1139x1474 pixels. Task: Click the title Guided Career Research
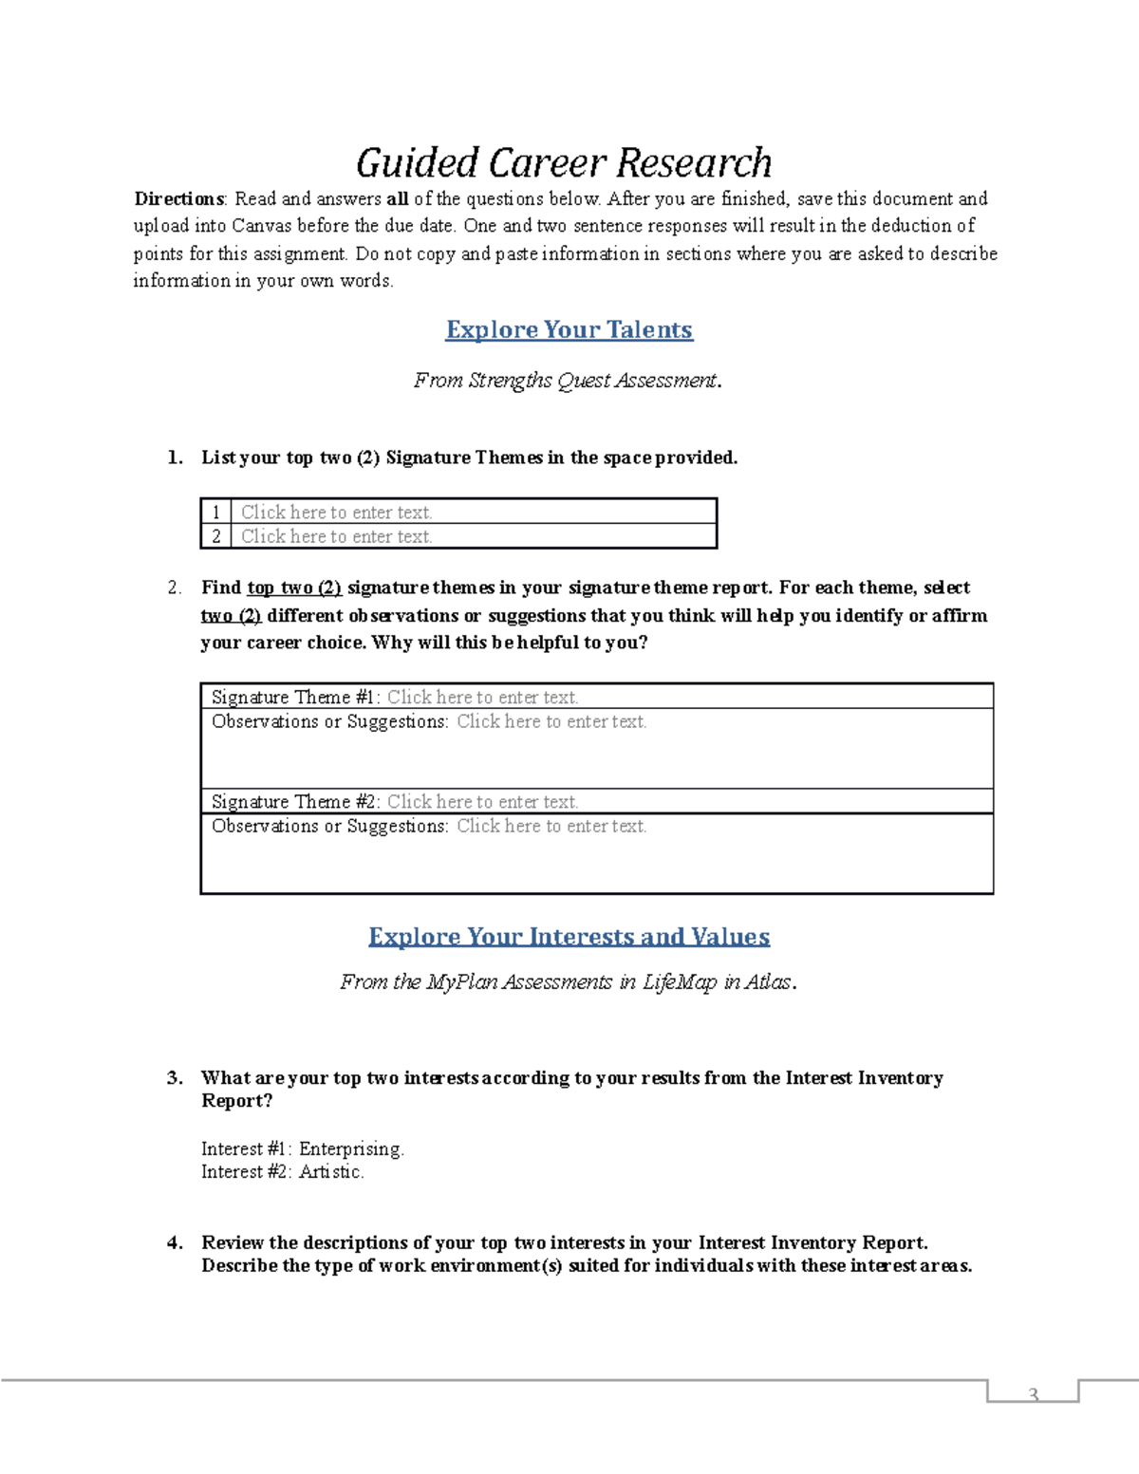(564, 162)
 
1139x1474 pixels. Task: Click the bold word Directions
(178, 199)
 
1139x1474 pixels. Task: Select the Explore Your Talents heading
(569, 329)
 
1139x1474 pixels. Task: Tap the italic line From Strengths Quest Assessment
(567, 381)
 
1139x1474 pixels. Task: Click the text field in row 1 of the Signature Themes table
(337, 513)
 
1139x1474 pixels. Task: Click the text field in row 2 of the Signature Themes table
(337, 537)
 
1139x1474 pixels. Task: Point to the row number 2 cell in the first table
(216, 537)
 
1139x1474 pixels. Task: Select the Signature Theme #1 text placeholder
(482, 698)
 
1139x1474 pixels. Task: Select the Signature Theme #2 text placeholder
(482, 802)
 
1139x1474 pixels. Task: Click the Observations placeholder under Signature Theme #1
(551, 722)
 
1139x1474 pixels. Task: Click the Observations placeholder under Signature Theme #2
(551, 827)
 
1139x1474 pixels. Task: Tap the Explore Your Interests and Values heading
(569, 937)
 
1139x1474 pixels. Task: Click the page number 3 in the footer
(1034, 1394)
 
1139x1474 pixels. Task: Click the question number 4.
(175, 1243)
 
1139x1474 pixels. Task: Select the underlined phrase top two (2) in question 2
(294, 588)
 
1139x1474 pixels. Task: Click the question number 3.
(175, 1078)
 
